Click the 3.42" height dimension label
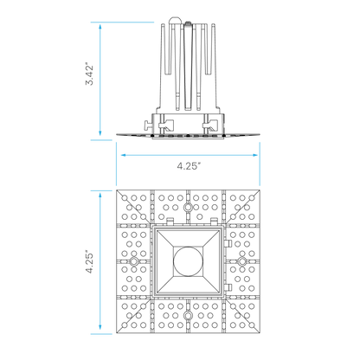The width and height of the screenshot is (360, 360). pos(90,74)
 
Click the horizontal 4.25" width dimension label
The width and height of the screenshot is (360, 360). pos(189,166)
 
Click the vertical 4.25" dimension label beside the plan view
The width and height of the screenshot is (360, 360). pos(90,263)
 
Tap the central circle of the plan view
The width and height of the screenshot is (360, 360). pos(188,261)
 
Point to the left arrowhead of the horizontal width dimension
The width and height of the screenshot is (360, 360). pos(123,155)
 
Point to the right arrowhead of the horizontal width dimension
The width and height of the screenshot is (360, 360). pos(255,155)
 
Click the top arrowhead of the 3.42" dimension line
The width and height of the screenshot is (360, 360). pos(100,27)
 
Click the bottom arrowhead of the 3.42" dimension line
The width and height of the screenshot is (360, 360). pos(100,132)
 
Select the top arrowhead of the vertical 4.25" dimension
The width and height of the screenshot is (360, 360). pos(100,196)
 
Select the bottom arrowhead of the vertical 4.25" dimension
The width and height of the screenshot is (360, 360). pos(100,327)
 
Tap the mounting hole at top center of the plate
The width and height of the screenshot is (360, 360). pos(188,207)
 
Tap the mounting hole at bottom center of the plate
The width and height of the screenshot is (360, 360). pos(188,314)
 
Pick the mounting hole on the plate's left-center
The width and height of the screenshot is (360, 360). pos(134,261)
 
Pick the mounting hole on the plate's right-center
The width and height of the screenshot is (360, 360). pos(241,261)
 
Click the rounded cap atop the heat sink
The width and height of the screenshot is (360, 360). pos(175,20)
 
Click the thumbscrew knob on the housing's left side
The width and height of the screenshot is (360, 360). pos(147,125)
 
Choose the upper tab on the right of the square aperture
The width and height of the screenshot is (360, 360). pos(228,243)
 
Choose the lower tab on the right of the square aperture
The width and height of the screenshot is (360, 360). pos(228,287)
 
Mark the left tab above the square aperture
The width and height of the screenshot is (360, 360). pos(170,222)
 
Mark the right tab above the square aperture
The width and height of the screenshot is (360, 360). pos(214,222)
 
